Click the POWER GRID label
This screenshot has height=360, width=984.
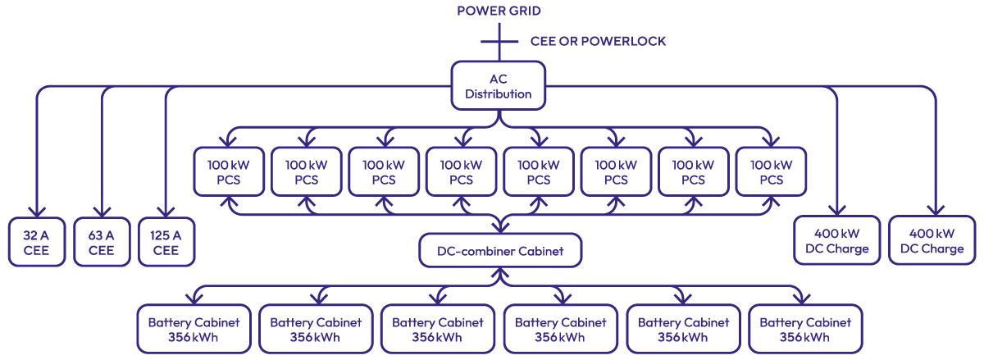tap(499, 11)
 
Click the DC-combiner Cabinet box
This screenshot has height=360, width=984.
tap(500, 251)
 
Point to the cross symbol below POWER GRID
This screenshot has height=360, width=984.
tap(499, 41)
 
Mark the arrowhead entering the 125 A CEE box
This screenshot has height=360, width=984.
tap(166, 211)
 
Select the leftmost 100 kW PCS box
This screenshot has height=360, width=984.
tap(229, 172)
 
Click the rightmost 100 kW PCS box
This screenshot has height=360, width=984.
tap(771, 172)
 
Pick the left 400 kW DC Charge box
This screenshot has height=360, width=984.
tap(836, 241)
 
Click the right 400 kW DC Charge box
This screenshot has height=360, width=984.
tap(932, 241)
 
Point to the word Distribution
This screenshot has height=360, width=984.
tap(499, 94)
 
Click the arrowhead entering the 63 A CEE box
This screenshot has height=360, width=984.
tap(102, 211)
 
